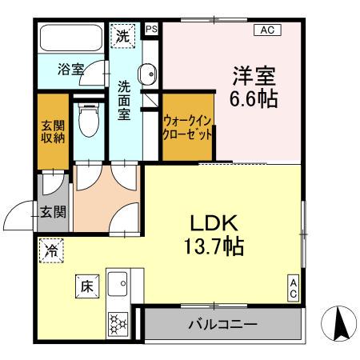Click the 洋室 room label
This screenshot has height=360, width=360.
click(x=254, y=77)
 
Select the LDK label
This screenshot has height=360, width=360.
click(x=211, y=222)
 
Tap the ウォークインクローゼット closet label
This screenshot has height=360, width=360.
click(x=188, y=127)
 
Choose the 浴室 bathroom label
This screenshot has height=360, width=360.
click(x=70, y=70)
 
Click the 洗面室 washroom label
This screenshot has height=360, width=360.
click(x=125, y=99)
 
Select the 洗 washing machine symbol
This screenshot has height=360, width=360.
click(x=123, y=36)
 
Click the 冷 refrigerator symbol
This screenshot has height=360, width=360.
click(x=50, y=250)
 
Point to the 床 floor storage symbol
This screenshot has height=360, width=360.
click(x=85, y=284)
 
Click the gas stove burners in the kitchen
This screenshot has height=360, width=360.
click(x=119, y=324)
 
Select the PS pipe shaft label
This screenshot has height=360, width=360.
click(x=152, y=29)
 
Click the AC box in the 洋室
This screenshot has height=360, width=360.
click(x=266, y=30)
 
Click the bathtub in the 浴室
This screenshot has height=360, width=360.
click(x=71, y=39)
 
